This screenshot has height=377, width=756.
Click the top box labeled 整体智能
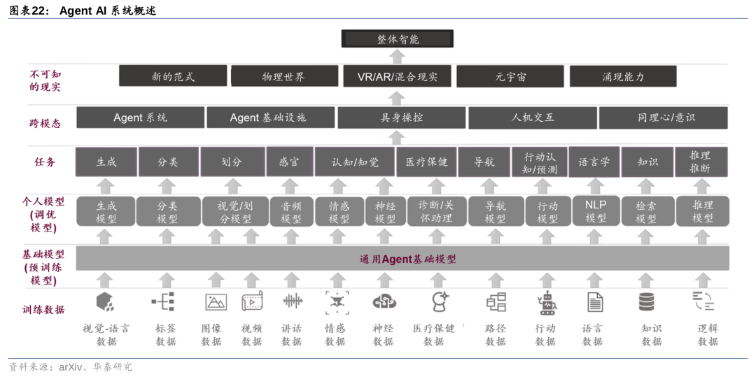397,38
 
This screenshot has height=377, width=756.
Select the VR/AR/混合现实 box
397,76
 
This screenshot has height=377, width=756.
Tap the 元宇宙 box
510,76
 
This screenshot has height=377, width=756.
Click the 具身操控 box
401,118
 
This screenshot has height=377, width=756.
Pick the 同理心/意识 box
663,118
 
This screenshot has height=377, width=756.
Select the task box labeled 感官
289,162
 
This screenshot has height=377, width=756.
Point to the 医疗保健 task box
426,162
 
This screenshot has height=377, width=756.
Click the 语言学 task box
594,162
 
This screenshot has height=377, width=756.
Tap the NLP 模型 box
596,211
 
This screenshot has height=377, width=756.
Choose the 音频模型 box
291,211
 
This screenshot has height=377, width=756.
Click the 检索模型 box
646,211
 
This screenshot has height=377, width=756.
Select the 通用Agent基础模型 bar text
407,259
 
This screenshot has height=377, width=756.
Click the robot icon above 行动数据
546,302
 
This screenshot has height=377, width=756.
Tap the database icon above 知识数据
646,302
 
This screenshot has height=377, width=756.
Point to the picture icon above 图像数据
216,302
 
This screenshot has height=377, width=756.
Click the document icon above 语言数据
594,302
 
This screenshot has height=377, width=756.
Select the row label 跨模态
45,123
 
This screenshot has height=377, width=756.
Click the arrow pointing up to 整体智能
397,56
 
